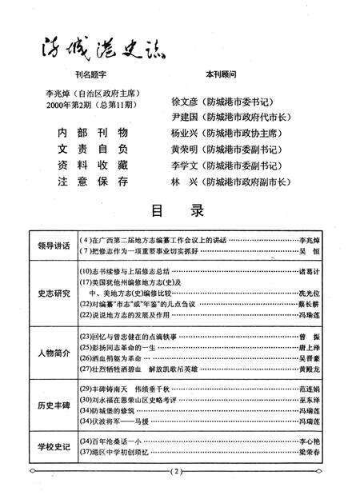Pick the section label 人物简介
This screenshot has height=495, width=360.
click(51, 354)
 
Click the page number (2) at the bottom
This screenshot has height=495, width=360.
click(179, 473)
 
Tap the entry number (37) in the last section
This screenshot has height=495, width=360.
click(89, 453)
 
